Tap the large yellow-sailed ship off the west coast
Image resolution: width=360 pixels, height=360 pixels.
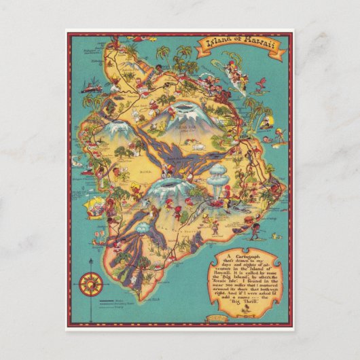pyautogui.click(x=95, y=204)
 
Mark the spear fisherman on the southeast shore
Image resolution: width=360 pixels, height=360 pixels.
pyautogui.click(x=254, y=229)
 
